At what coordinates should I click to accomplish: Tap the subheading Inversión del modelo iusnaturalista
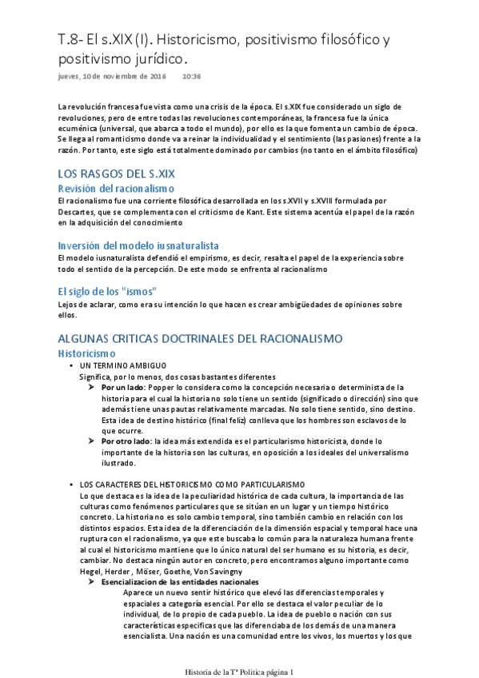point(138,245)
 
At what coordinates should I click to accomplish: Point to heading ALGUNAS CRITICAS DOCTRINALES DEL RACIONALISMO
point(200,338)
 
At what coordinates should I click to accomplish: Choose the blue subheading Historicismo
point(87,353)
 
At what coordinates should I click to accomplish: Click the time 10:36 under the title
point(191,78)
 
